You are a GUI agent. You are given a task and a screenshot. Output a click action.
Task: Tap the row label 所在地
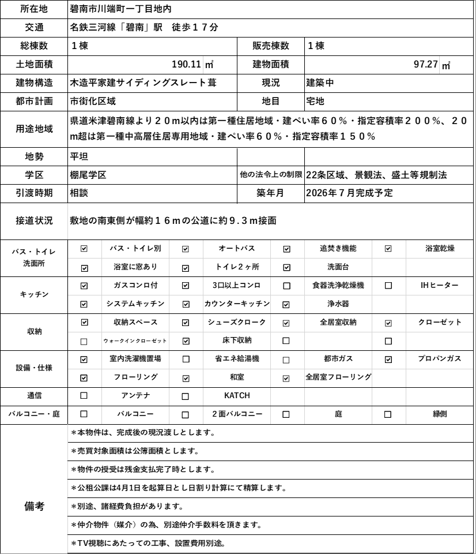34,9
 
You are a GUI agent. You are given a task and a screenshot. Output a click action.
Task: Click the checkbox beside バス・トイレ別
84,249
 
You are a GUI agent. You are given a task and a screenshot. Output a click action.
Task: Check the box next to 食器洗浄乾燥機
286,286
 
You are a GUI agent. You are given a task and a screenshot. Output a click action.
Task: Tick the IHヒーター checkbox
388,286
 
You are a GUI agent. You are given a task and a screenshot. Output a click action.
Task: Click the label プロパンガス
440,359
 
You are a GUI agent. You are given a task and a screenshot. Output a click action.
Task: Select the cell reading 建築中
320,83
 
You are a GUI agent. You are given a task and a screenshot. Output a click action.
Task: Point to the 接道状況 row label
34,221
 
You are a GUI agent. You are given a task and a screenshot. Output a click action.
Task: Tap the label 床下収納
236,340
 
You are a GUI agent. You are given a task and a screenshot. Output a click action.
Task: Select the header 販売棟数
270,46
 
